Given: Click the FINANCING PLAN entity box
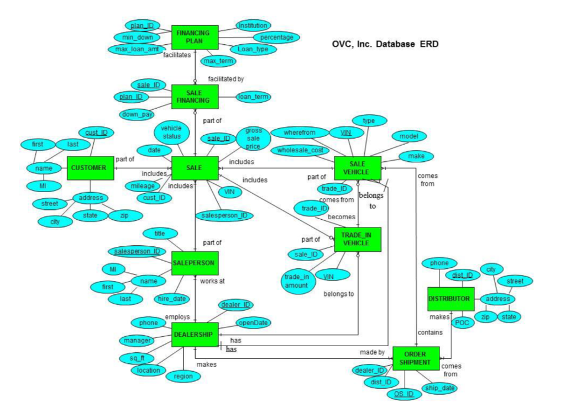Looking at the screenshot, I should click(195, 37).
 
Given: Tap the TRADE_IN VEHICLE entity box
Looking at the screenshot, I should click(358, 239).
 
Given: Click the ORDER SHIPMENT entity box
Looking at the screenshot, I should click(416, 358).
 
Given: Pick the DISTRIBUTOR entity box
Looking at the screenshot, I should click(450, 299).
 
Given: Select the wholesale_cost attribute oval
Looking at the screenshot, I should click(302, 150).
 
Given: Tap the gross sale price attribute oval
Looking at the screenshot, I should click(253, 139).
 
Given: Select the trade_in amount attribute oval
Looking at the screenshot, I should click(296, 281).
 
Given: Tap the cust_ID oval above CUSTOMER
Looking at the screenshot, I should click(96, 133).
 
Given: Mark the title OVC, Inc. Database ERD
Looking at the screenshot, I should click(385, 44).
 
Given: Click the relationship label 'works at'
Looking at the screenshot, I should click(212, 281).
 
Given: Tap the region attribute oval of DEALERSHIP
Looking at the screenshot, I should click(183, 377).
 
